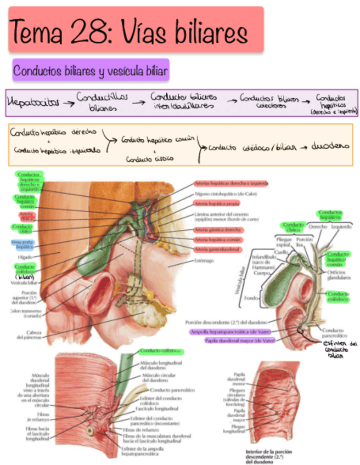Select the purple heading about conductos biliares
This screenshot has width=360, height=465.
91,71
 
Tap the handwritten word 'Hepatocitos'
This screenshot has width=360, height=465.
31,102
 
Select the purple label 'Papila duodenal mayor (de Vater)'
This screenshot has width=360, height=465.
232,341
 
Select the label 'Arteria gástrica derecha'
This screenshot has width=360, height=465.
218,230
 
